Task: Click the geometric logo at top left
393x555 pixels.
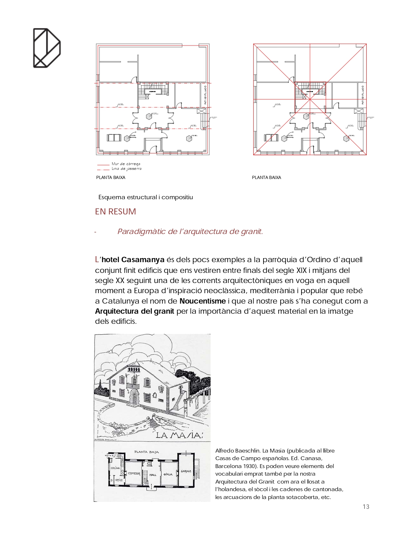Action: coord(47,48)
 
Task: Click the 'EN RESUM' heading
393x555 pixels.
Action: coord(115,212)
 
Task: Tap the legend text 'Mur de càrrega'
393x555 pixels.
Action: coord(126,164)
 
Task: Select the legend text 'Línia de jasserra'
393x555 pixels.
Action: coord(126,169)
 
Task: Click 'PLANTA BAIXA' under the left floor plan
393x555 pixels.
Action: coord(111,177)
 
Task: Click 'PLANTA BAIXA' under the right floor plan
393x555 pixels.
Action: coord(266,177)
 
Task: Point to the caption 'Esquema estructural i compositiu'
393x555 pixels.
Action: coord(145,197)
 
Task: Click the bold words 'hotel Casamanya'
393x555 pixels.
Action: coord(133,260)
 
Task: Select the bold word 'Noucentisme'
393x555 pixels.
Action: coord(202,301)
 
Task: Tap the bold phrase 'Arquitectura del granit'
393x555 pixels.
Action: coord(135,311)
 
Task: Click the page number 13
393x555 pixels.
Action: coord(366,507)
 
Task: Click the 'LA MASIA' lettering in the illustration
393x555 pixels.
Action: coord(179,435)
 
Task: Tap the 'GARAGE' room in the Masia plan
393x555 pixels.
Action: coord(186,471)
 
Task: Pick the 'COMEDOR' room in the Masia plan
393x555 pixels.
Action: coord(134,473)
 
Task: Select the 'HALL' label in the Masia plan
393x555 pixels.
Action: coord(153,475)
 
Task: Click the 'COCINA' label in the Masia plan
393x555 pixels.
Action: coord(115,468)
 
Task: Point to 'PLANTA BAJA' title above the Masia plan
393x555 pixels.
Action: coord(146,452)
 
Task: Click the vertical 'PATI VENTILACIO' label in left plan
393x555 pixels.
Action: coord(205,95)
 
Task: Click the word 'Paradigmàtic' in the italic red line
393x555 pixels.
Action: coord(142,231)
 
